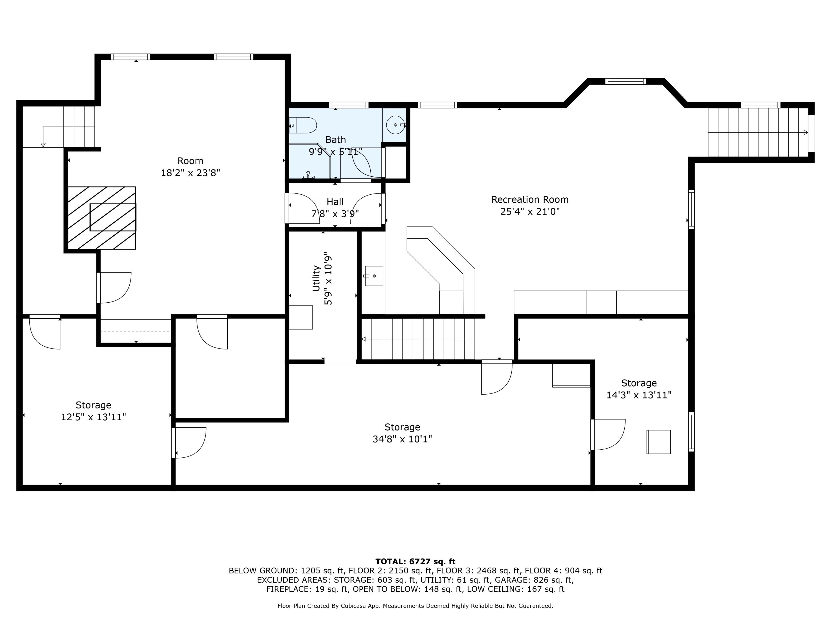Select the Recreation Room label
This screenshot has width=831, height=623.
click(530, 199)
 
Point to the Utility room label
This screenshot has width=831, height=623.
click(316, 278)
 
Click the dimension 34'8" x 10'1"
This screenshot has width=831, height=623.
click(402, 439)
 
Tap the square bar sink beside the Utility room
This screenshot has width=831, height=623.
click(374, 276)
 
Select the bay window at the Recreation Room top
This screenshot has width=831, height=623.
click(625, 81)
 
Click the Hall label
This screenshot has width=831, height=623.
click(335, 202)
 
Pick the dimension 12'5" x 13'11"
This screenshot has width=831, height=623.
click(93, 417)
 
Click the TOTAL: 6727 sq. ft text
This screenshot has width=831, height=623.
click(415, 562)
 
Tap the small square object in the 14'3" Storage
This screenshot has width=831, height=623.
click(658, 442)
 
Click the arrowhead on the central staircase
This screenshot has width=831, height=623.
click(364, 339)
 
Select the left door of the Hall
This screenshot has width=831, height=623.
click(302, 208)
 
